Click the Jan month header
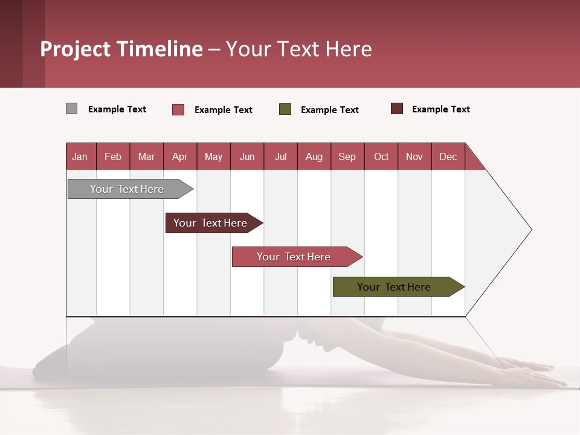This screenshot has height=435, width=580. [80, 156]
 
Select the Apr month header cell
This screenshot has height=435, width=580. [180, 156]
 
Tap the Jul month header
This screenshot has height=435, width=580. [280, 156]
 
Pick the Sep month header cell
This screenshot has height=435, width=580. [347, 156]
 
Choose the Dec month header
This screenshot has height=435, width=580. [448, 156]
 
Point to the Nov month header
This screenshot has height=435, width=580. [414, 156]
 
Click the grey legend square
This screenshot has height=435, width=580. [72, 109]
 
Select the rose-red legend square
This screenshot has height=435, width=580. [178, 109]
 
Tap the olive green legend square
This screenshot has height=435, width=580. [285, 109]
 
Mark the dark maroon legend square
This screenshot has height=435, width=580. [397, 109]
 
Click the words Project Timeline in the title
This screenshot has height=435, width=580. [121, 49]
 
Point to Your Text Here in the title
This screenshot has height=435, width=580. [299, 49]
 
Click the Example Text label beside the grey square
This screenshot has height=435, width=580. [117, 109]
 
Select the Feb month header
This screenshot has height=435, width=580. [113, 156]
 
